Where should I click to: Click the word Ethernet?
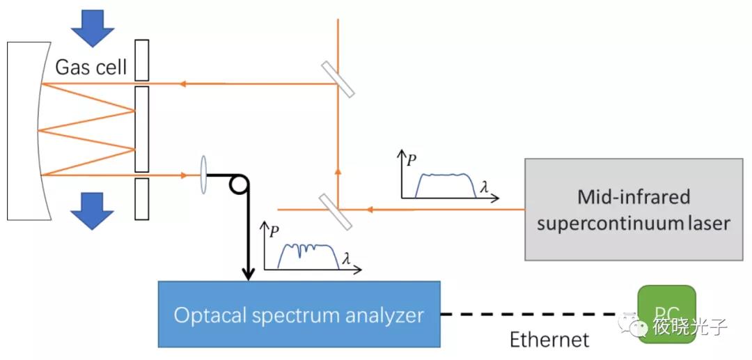(x=549, y=340)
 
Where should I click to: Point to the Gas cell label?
(x=91, y=68)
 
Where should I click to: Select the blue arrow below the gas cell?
(x=93, y=210)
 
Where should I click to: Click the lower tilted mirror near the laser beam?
(x=336, y=211)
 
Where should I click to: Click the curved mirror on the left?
(x=28, y=130)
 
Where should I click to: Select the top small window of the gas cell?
(x=142, y=60)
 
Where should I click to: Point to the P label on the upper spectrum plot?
(x=412, y=158)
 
